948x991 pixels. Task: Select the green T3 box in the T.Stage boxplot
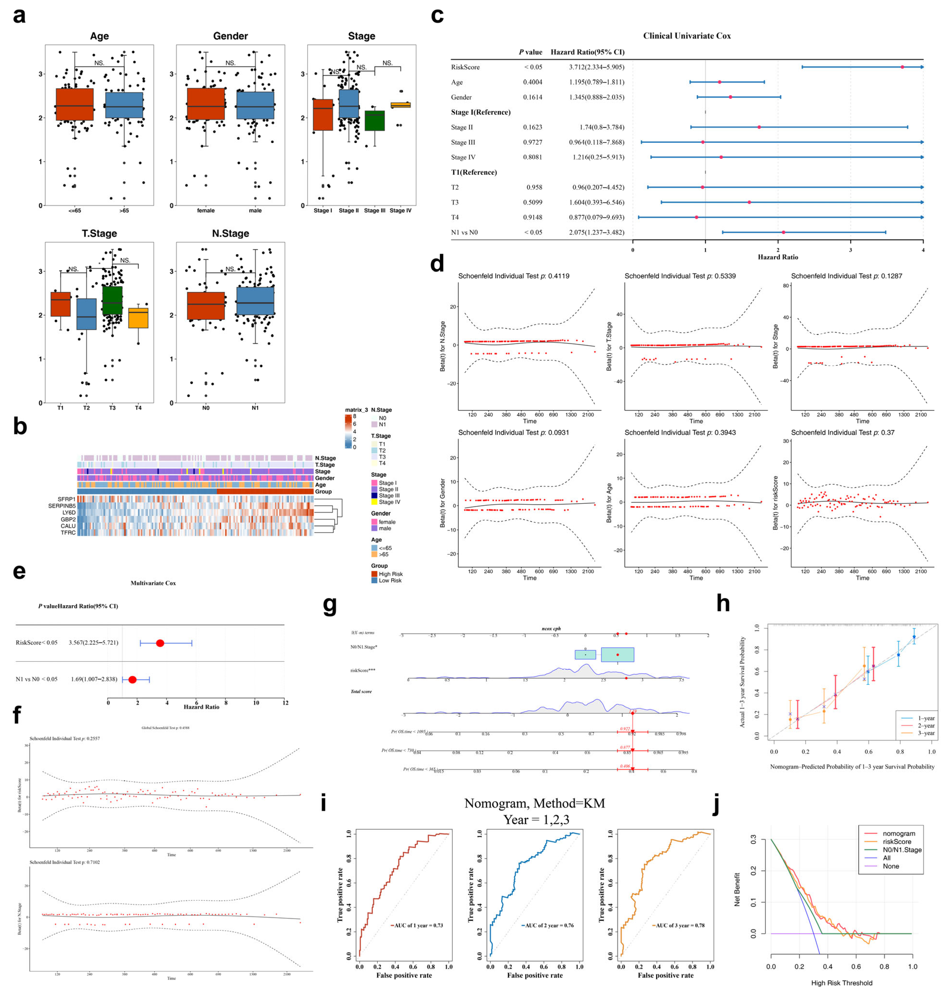(112, 301)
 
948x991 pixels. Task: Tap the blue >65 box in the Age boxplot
(124, 105)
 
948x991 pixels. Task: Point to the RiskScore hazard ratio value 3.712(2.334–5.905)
(596, 67)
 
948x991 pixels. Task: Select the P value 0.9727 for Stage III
(532, 143)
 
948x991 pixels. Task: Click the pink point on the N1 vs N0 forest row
(783, 233)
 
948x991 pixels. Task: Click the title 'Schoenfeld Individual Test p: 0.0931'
(513, 433)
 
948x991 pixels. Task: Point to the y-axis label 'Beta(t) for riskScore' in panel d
(775, 503)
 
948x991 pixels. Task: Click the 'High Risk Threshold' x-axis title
(841, 982)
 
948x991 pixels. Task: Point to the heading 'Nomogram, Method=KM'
(534, 803)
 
